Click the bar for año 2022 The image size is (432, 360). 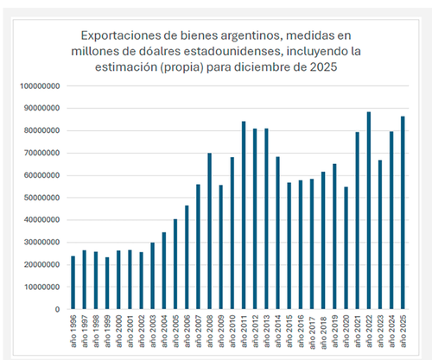pyautogui.click(x=369, y=211)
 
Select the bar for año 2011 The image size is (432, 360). pyautogui.click(x=244, y=215)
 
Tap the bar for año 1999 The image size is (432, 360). pyautogui.click(x=107, y=283)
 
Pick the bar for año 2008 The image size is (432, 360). pyautogui.click(x=210, y=231)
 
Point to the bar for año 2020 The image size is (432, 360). pyautogui.click(x=346, y=248)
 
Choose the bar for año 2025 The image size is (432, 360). pyautogui.click(x=403, y=212)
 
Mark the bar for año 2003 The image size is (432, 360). pyautogui.click(x=153, y=276)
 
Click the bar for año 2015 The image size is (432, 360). pyautogui.click(x=289, y=246)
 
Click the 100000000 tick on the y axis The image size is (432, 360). pyautogui.click(x=40, y=86)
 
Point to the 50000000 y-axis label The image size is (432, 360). pyautogui.click(x=40, y=198)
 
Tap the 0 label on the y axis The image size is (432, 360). pyautogui.click(x=58, y=309)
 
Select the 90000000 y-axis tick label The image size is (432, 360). pyautogui.click(x=40, y=108)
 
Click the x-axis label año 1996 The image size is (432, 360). pyautogui.click(x=73, y=331)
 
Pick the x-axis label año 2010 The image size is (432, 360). pyautogui.click(x=232, y=331)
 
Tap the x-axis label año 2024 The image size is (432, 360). pyautogui.click(x=391, y=331)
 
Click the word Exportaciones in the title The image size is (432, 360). pyautogui.click(x=119, y=36)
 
